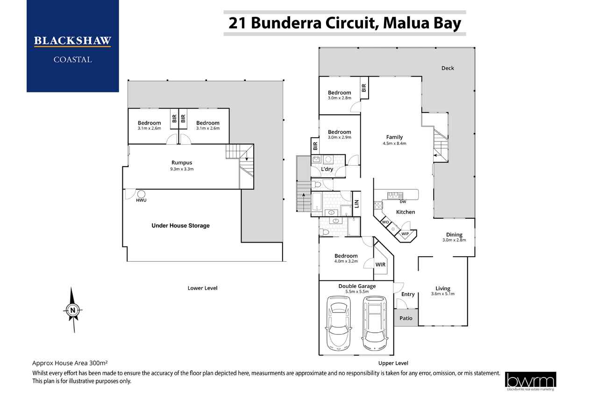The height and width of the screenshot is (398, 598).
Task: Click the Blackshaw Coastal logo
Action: click(x=72, y=46)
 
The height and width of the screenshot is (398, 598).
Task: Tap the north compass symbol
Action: click(x=72, y=310)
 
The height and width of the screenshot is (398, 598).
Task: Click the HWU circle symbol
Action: click(x=141, y=194)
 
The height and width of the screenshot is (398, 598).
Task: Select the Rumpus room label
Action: click(x=182, y=162)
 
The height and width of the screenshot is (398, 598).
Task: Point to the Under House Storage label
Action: click(x=180, y=225)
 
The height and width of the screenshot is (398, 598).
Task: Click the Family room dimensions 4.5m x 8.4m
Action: click(x=394, y=143)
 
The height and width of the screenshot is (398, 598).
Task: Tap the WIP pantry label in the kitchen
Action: click(x=405, y=234)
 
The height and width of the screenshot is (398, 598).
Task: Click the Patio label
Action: click(x=406, y=318)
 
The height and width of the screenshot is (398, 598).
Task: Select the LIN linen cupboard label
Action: click(x=356, y=203)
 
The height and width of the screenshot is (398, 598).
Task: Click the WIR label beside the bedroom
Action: click(x=380, y=265)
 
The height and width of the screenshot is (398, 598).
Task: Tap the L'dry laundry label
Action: click(x=327, y=169)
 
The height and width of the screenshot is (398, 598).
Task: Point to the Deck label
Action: click(x=448, y=68)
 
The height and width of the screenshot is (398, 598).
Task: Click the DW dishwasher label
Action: click(x=403, y=202)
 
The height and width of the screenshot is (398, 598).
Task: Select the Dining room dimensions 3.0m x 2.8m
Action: click(x=454, y=240)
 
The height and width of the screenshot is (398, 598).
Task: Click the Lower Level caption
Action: click(x=202, y=288)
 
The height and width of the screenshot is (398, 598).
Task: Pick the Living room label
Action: click(x=443, y=288)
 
